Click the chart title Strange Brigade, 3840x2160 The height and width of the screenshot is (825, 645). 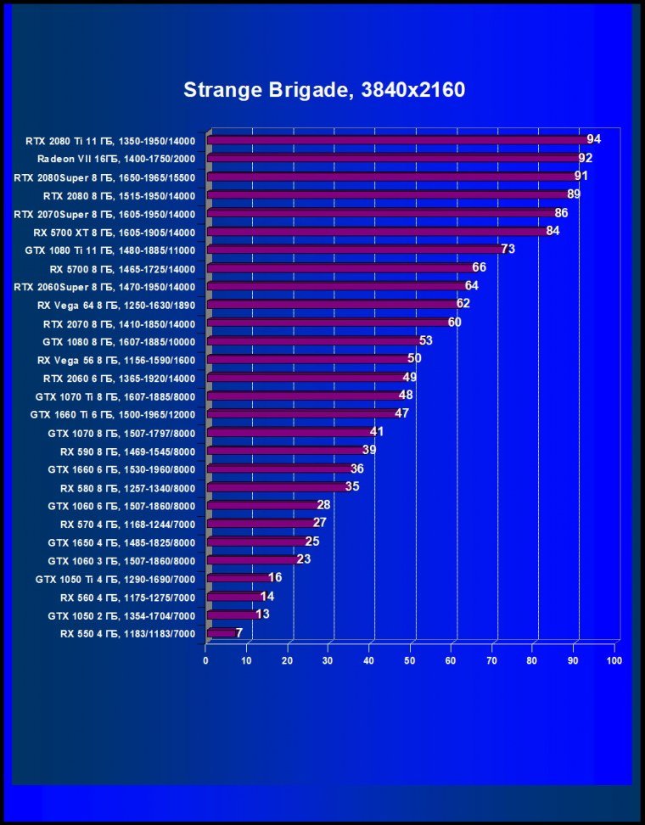324,90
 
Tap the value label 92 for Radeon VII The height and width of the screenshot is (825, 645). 585,158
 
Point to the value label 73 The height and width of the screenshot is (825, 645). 508,249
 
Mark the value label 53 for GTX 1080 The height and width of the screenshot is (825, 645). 426,340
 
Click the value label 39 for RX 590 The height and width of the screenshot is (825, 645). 369,450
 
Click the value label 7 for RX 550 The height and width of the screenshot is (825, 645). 239,632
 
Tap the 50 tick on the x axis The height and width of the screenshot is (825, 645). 410,660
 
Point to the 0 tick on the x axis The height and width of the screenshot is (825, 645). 206,660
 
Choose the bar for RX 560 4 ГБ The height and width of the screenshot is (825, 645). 234,597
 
